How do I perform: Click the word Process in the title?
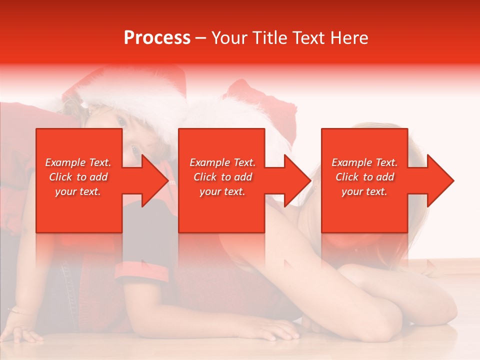[157, 38]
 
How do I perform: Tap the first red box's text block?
[78, 177]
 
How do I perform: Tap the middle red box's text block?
[222, 177]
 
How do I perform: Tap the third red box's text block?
[364, 177]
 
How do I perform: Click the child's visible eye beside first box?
[134, 148]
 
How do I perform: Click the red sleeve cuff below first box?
[142, 270]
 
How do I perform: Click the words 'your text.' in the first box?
[78, 191]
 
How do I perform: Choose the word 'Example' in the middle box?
[206, 162]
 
